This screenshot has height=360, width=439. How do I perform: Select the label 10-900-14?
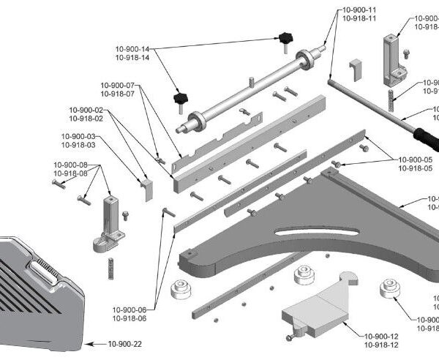tap(132, 48)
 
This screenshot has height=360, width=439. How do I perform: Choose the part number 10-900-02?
tap(86, 109)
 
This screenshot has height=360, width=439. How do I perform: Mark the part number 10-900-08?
tap(71, 165)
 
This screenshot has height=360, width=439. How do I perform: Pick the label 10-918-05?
tap(415, 168)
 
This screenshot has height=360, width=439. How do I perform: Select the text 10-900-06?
tap(130, 310)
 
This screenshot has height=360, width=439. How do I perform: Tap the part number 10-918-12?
tap(381, 344)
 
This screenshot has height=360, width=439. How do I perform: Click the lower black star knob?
tap(179, 97)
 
